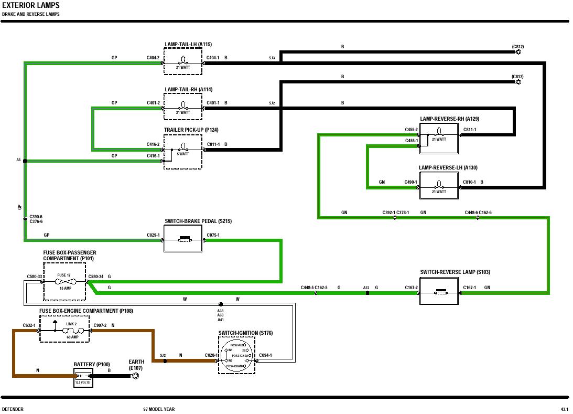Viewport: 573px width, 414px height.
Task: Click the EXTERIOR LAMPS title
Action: click(30, 6)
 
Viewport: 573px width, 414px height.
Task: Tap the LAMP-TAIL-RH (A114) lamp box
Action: click(183, 108)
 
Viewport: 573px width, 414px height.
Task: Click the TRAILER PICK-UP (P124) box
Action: click(183, 152)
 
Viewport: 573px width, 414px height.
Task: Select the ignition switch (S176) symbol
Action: click(236, 355)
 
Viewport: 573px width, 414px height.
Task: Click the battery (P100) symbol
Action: click(83, 377)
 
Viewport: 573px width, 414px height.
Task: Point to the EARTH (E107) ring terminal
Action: click(136, 376)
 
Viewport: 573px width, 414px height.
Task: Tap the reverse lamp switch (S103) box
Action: click(439, 291)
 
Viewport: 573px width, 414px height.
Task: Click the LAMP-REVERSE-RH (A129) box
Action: click(439, 138)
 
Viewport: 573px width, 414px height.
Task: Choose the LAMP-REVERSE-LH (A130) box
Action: click(439, 187)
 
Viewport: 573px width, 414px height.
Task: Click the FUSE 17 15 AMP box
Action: click(64, 282)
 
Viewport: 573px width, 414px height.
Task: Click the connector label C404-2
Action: click(153, 58)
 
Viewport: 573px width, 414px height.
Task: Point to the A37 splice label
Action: click(366, 288)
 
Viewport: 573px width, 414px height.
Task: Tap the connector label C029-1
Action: click(153, 235)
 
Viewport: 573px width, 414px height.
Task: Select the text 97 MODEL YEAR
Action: click(159, 409)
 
